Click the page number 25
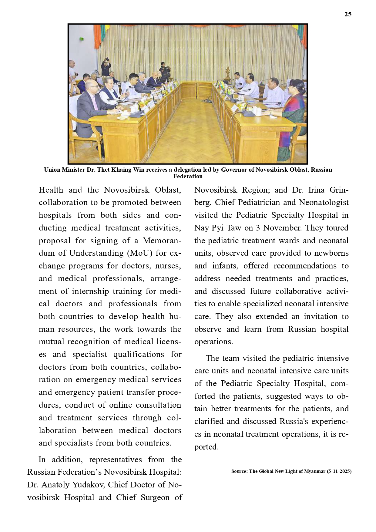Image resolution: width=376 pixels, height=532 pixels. (348, 14)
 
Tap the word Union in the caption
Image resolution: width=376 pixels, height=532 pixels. (52, 170)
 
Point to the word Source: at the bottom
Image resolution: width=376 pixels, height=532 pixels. (239, 471)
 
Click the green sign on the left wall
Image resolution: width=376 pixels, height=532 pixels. (81, 39)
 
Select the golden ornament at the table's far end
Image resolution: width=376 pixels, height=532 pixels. (227, 73)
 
